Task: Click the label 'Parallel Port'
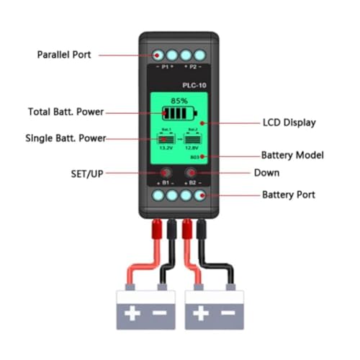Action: [x=63, y=54]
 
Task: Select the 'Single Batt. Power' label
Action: [x=65, y=138]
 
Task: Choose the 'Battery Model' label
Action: [x=293, y=156]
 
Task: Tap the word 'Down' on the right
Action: [x=266, y=173]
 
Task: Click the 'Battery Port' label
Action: [x=289, y=195]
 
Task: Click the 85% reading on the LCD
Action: [x=179, y=101]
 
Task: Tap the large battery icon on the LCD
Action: [x=178, y=114]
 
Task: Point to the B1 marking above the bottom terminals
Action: [x=165, y=184]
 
